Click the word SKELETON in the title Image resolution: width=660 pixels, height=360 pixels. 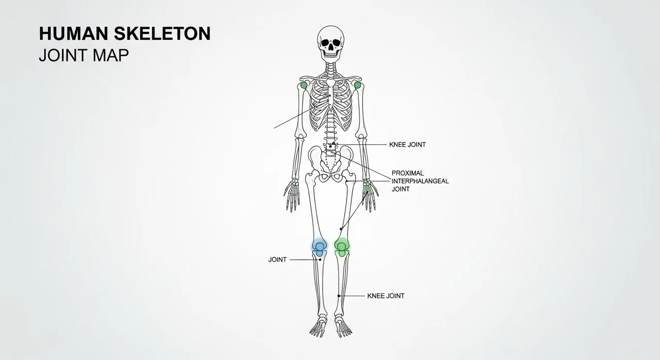162,34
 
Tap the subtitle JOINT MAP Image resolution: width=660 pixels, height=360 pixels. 84,55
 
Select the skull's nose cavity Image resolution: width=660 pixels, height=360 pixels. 331,47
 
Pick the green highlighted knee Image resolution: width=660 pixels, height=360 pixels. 342,247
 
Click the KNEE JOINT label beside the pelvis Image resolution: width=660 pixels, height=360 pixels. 407,144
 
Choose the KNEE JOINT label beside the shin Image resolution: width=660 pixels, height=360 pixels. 386,296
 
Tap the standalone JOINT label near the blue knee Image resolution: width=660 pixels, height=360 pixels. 277,259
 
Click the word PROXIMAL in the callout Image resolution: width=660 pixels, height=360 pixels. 407,173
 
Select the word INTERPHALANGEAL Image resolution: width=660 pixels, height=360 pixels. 420,181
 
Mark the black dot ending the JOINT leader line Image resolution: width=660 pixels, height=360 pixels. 320,259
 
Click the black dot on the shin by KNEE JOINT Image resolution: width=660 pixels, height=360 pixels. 339,296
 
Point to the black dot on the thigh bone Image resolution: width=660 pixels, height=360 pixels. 341,228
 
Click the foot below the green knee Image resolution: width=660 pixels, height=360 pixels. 343,326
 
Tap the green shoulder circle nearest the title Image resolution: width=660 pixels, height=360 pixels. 304,86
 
